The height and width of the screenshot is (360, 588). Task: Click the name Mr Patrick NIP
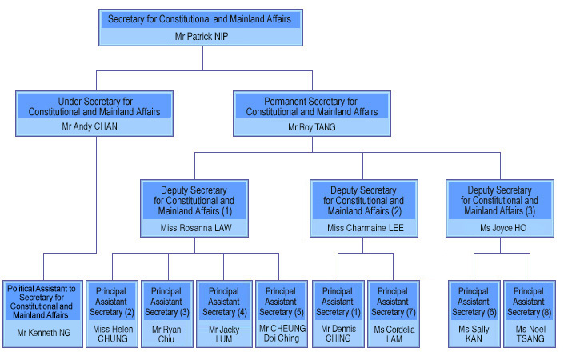click(x=202, y=36)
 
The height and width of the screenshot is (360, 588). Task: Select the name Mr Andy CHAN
click(x=90, y=126)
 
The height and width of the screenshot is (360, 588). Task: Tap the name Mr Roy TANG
click(x=312, y=127)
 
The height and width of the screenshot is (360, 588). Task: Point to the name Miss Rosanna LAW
click(x=196, y=228)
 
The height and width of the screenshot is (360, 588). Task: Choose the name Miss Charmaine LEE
click(x=366, y=228)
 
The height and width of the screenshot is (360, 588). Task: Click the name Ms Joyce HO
click(x=503, y=228)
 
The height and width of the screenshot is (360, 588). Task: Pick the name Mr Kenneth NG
click(x=43, y=332)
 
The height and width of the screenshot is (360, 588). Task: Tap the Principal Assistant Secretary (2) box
click(x=112, y=314)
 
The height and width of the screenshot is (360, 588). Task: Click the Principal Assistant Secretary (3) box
click(x=167, y=314)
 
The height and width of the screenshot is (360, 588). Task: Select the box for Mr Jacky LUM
click(x=224, y=314)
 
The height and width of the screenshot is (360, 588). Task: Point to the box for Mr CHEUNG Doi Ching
click(x=282, y=314)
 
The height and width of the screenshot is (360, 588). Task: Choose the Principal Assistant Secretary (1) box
click(x=338, y=314)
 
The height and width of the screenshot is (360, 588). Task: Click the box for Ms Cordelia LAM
click(x=394, y=314)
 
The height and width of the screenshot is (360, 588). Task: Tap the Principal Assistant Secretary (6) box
click(x=474, y=314)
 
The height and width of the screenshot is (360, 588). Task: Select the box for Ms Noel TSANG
click(x=530, y=314)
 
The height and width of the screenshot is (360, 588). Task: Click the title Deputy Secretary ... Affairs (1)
click(x=194, y=201)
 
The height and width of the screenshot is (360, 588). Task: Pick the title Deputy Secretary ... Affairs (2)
click(x=364, y=201)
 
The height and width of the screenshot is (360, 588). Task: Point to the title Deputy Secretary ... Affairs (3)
click(x=499, y=201)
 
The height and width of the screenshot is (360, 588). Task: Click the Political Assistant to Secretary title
click(x=42, y=302)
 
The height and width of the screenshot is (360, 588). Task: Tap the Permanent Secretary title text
click(x=312, y=106)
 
